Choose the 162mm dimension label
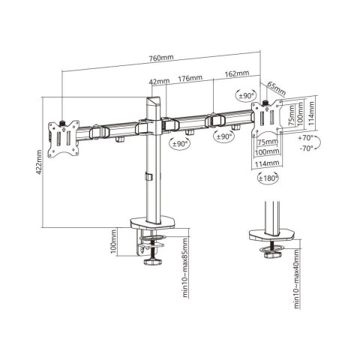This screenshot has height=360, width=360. [x=235, y=75]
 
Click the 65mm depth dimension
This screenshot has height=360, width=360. [x=276, y=89]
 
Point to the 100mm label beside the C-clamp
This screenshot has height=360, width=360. [x=113, y=247]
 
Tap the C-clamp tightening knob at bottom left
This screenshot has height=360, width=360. [x=157, y=263]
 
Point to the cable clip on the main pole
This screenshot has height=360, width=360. [x=148, y=177]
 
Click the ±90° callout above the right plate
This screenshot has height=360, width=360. [x=244, y=96]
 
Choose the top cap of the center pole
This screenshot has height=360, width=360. [x=154, y=92]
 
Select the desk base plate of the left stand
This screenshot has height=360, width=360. [x=157, y=223]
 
